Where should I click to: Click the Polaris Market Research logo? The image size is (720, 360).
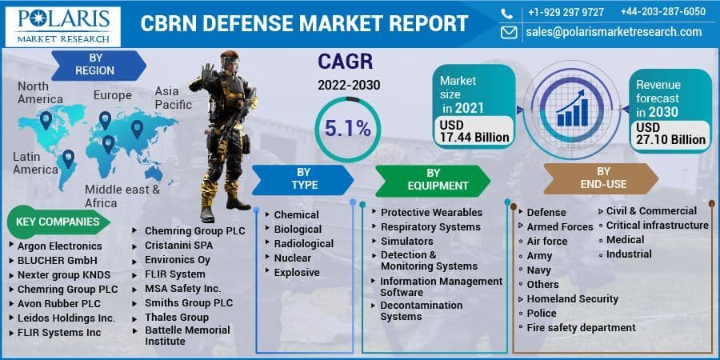[62, 26]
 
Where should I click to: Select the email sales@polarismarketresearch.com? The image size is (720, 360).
[614, 32]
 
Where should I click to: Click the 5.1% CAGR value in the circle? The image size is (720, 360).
[346, 126]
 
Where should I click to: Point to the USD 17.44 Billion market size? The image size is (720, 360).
[474, 131]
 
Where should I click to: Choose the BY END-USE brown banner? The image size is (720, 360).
[602, 178]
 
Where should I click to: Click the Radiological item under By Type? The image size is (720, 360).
[303, 243]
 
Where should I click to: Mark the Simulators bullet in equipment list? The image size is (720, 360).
[406, 241]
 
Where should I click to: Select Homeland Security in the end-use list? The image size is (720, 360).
[572, 298]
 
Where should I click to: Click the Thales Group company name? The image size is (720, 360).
[176, 317]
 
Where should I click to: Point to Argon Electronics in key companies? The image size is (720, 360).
[59, 246]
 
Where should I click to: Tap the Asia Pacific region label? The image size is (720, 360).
[173, 98]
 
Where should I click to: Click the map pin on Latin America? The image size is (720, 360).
[68, 158]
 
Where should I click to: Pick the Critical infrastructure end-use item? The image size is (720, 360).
[657, 225]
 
